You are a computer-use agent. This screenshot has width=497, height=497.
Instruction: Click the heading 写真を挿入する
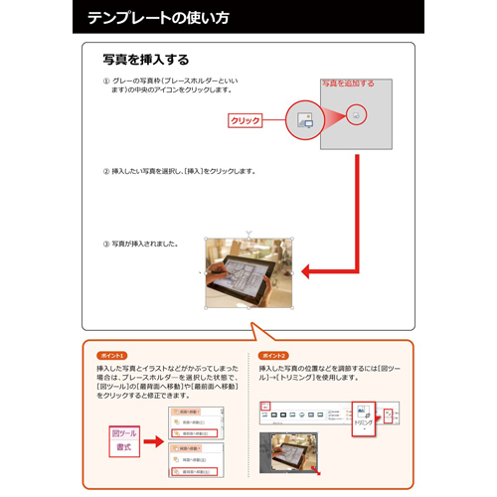146,60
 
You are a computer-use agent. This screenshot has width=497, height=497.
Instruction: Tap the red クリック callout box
245,120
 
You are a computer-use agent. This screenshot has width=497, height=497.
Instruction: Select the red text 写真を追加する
347,83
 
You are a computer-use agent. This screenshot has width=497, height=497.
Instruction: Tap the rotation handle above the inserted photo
248,233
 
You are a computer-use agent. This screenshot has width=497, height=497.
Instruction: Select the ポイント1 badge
112,355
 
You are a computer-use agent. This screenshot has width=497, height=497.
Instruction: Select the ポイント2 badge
272,355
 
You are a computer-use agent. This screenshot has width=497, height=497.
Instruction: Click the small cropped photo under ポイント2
287,450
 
